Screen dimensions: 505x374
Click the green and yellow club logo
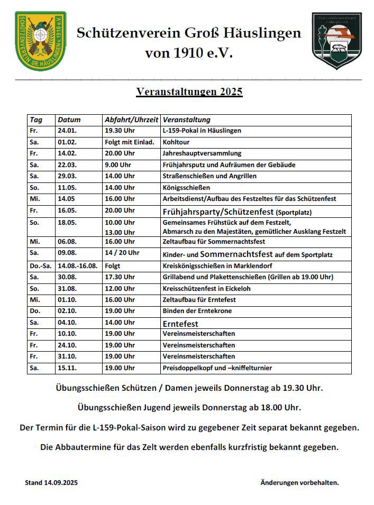click(41, 41)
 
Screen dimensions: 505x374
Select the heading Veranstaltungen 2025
click(189, 91)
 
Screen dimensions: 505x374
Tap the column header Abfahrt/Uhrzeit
click(131, 120)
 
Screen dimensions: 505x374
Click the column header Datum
click(69, 120)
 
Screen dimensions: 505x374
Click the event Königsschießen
click(186, 188)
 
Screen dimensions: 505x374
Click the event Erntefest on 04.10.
click(180, 323)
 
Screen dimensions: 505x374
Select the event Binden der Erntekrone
click(197, 311)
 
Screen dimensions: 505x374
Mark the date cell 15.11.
click(67, 368)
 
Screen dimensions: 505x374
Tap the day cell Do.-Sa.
click(41, 266)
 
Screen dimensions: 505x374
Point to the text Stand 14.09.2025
click(51, 482)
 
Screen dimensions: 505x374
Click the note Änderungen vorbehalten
click(299, 482)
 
